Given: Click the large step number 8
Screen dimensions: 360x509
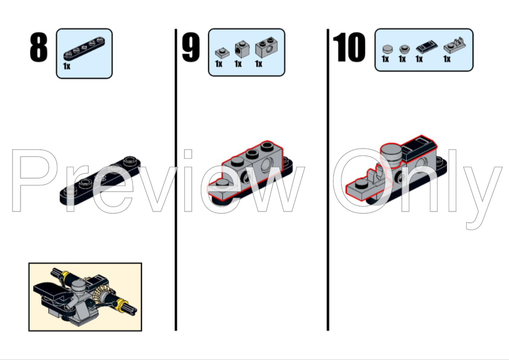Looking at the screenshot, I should coord(39,48).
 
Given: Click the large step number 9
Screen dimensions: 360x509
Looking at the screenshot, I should coord(190,48).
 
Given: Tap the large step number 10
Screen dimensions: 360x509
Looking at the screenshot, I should coord(349,48).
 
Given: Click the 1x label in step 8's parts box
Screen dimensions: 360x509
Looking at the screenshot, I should coord(66,66).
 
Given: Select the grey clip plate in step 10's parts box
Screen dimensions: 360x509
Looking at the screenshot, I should coord(452,46).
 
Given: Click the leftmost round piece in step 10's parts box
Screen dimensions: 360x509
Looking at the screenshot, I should coord(387,48).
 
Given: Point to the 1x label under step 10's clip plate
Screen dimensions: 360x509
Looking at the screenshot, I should coord(447,59).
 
